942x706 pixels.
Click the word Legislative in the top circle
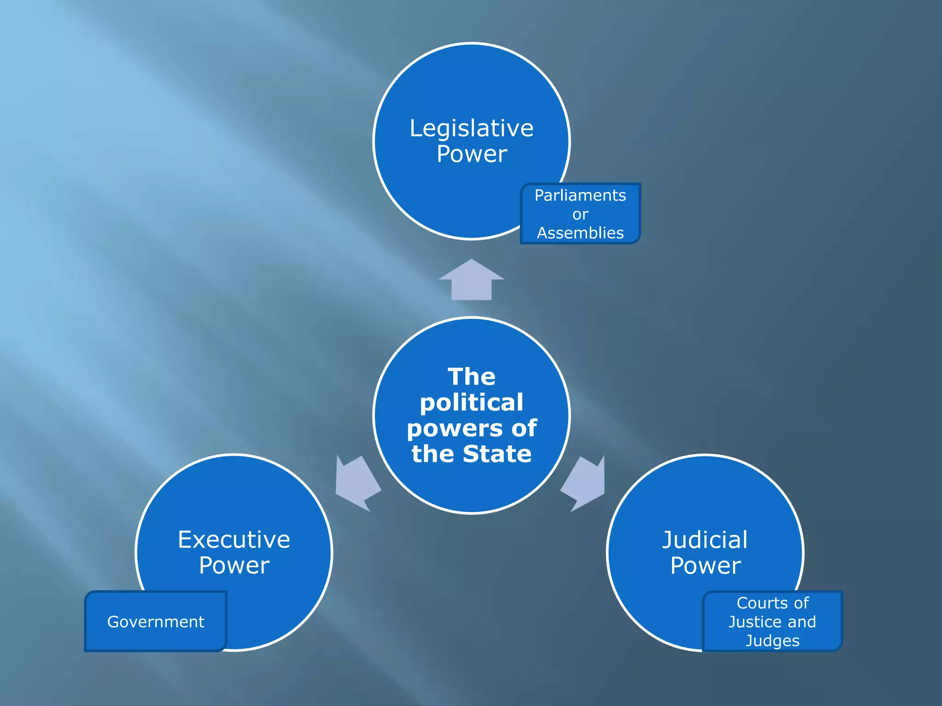pos(471,128)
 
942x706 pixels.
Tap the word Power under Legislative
pos(471,154)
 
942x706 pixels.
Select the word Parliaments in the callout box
pos(580,195)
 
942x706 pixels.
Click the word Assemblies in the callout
pos(580,233)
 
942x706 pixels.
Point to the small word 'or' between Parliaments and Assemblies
pos(580,214)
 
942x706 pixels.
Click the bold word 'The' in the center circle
pos(471,377)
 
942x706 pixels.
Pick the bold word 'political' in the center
pos(471,403)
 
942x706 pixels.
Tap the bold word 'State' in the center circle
pos(497,454)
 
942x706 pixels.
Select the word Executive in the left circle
pos(234,540)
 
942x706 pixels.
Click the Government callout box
pos(155,621)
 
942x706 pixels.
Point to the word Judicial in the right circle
pos(705,540)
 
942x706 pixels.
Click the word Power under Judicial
pos(705,565)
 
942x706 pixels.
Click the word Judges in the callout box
pos(772,640)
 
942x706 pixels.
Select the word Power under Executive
pos(234,565)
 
